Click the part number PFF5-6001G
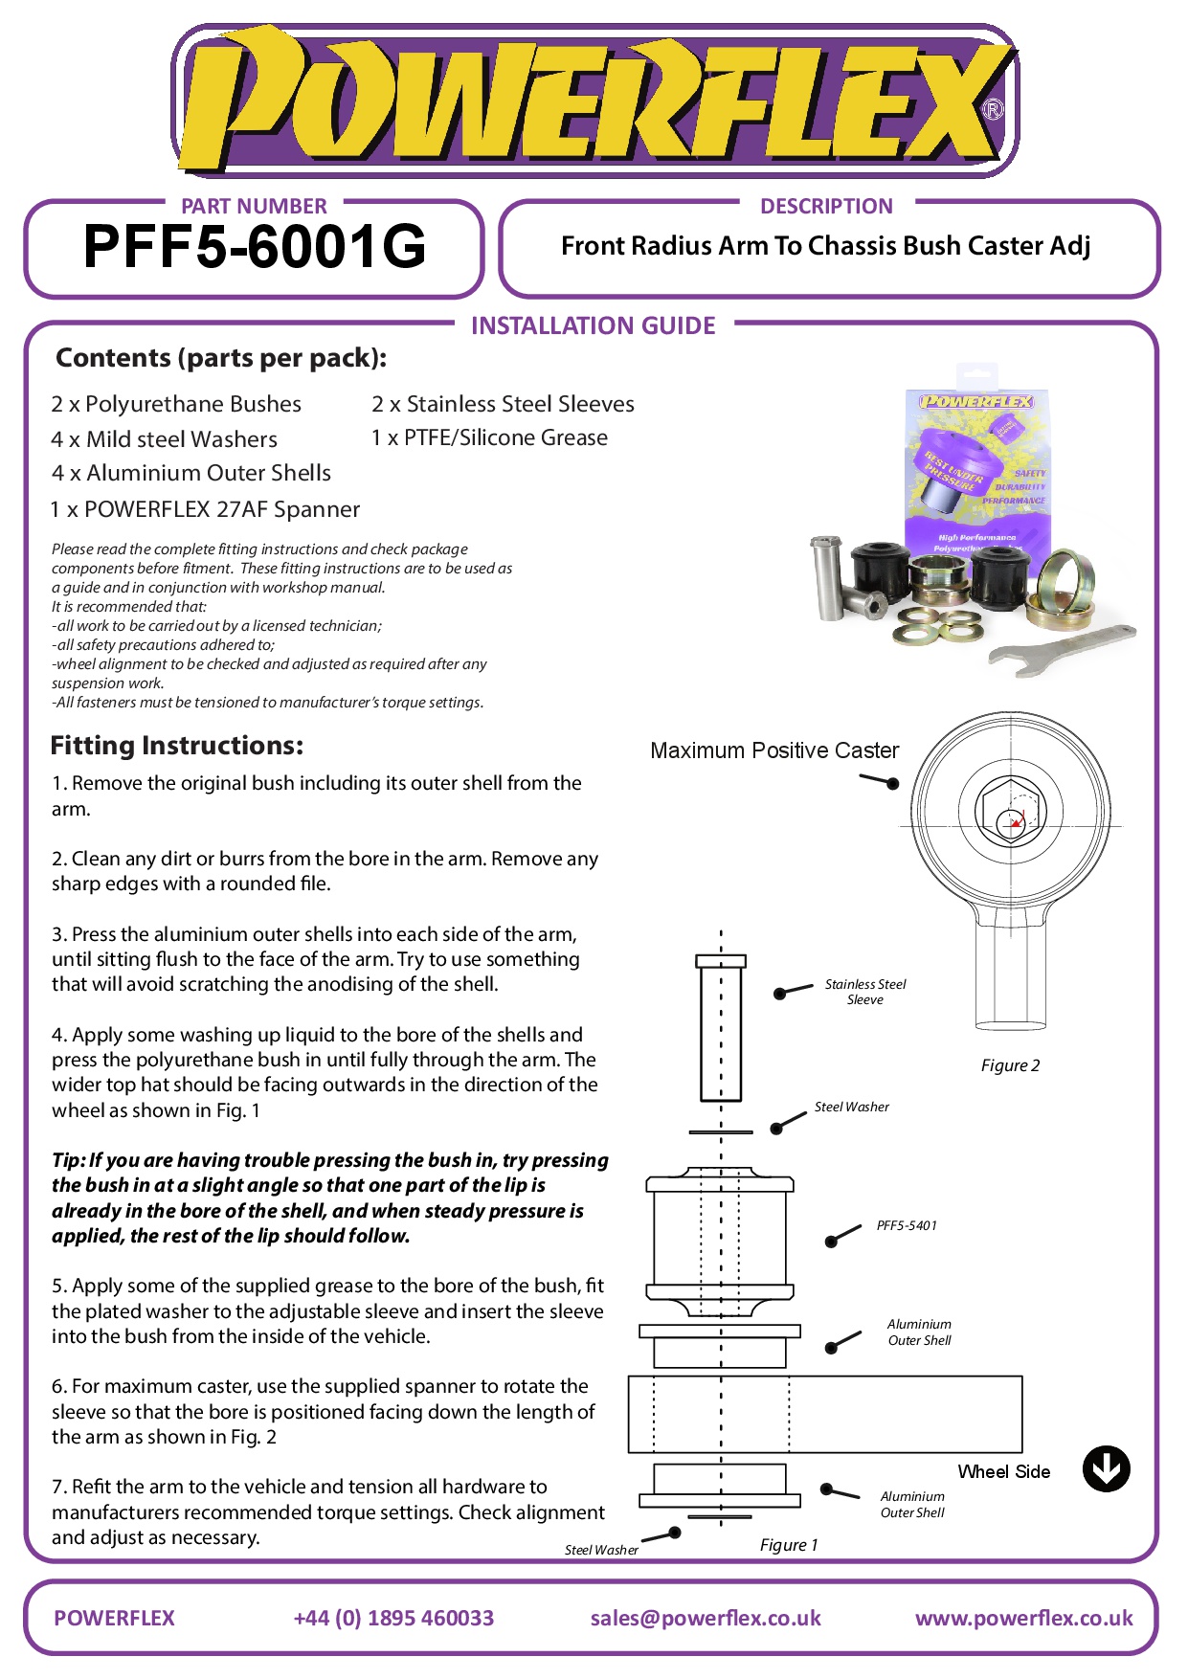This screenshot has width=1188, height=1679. [255, 247]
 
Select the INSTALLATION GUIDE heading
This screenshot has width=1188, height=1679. [593, 326]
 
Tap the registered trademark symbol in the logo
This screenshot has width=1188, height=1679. [994, 110]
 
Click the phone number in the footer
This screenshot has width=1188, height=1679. [393, 1618]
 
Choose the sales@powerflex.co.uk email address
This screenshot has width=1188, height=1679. [706, 1618]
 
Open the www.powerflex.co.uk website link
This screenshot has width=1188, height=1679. [1023, 1618]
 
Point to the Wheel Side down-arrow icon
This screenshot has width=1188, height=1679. [1106, 1468]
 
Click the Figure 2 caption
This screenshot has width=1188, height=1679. [1010, 1065]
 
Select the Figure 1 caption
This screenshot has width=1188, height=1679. [789, 1544]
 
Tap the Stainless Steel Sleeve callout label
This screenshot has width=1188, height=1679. [864, 992]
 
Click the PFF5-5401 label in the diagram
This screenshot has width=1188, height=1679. [907, 1225]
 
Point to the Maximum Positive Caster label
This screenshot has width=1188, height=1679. [774, 750]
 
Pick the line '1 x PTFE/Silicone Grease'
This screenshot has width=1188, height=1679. [489, 437]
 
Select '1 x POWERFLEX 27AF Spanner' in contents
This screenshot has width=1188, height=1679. [205, 509]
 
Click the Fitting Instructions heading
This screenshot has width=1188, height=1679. [177, 746]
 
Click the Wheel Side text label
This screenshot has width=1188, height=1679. [1003, 1471]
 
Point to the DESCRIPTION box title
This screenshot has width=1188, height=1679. [826, 206]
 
